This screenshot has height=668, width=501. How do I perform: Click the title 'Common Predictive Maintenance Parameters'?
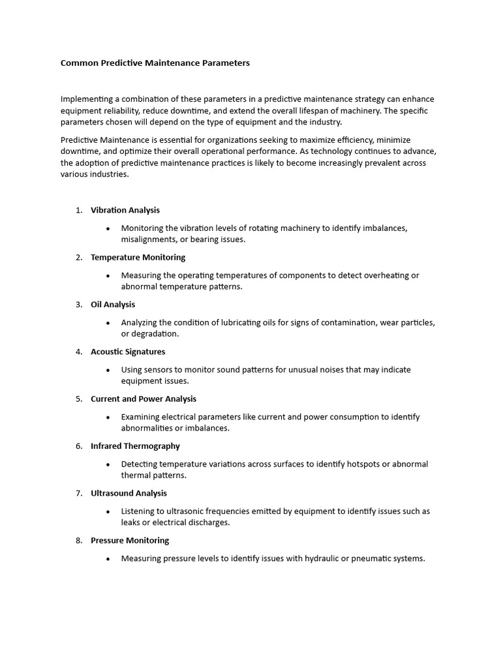click(x=155, y=63)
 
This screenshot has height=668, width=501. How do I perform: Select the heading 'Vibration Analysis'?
click(x=125, y=210)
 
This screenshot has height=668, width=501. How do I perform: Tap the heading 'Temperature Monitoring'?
click(x=138, y=257)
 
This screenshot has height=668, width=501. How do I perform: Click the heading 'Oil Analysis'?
click(x=113, y=305)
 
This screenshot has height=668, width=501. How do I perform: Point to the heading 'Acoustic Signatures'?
click(x=128, y=352)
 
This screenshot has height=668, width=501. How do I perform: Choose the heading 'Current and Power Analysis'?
click(x=144, y=399)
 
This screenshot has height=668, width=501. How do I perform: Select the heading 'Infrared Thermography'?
click(x=135, y=446)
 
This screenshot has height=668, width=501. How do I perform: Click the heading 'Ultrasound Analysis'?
click(x=129, y=493)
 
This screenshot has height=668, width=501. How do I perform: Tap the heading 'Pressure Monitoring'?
click(x=130, y=540)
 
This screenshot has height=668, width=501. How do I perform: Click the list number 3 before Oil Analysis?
click(x=78, y=305)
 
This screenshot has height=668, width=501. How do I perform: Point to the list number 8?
click(x=78, y=540)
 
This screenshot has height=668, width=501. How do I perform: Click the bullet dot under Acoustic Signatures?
click(x=108, y=370)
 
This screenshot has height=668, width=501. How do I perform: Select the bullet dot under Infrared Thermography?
click(x=108, y=464)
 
